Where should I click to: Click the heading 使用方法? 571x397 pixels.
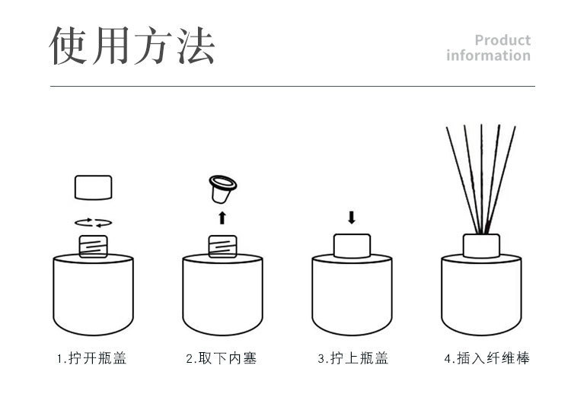(x=132, y=46)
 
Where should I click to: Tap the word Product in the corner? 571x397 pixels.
(x=502, y=40)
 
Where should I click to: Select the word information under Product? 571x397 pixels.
(x=488, y=56)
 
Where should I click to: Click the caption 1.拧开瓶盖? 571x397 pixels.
(x=92, y=358)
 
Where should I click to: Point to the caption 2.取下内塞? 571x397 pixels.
(x=222, y=358)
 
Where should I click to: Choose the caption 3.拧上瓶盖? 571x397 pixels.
(x=352, y=358)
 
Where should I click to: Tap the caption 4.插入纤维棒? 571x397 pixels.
(x=487, y=358)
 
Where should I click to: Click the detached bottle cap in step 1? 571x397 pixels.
(x=93, y=187)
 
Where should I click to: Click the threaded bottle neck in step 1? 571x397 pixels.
(x=93, y=246)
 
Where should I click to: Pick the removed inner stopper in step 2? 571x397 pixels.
(x=222, y=189)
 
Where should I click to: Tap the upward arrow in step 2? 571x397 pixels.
(x=222, y=218)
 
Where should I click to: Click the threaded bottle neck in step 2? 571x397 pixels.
(x=222, y=246)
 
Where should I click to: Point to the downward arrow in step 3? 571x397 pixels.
(x=352, y=218)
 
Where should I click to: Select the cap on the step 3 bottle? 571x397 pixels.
(x=352, y=246)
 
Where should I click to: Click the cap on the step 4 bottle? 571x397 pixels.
(x=481, y=246)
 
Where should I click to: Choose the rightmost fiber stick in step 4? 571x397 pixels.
(x=502, y=179)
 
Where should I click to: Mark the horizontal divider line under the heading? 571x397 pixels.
(x=292, y=86)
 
